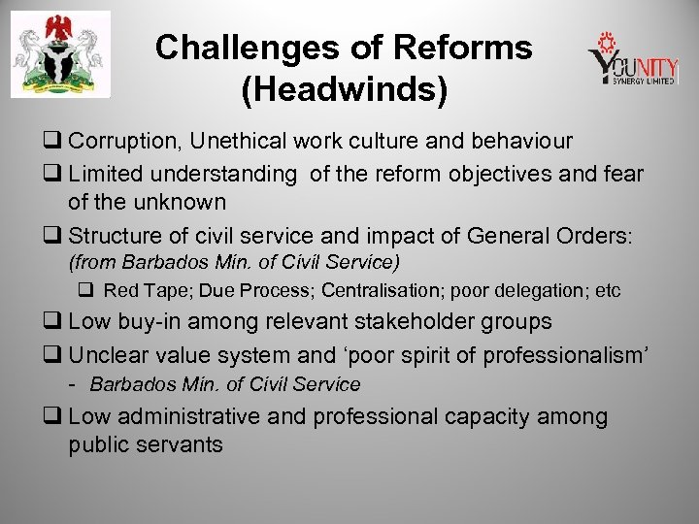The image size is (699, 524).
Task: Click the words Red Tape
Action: (139, 290)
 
